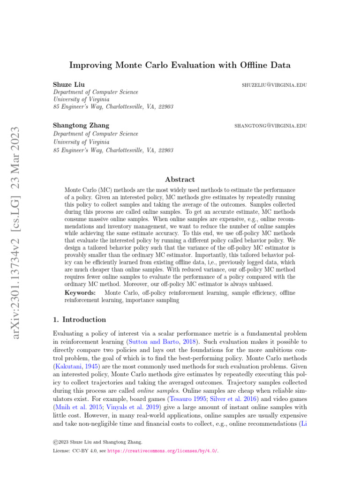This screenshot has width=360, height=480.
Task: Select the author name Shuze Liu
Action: tap(69, 85)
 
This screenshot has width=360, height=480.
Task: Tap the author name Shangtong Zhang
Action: tap(81, 126)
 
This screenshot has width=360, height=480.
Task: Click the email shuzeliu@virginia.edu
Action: tap(274, 85)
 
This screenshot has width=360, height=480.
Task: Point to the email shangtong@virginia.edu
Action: tap(270, 126)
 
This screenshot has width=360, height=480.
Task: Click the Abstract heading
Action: tap(180, 179)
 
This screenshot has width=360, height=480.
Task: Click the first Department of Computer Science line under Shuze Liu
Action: tap(95, 92)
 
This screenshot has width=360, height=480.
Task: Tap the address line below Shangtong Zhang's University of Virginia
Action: tap(113, 150)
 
